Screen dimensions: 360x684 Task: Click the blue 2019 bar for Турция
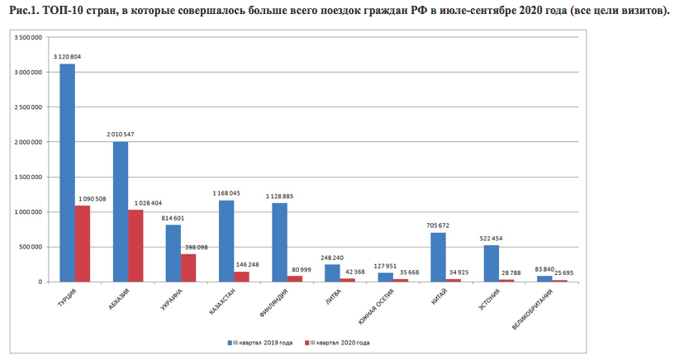[67, 173]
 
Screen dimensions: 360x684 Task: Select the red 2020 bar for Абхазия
[135, 246]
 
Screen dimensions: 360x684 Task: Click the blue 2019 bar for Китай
[438, 258]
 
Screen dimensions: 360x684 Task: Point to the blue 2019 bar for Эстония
[491, 263]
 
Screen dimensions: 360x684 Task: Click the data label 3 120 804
[67, 56]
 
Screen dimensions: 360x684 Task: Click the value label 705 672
[438, 225]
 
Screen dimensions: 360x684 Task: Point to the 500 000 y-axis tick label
[31, 247]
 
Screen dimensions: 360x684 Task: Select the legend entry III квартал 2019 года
[263, 342]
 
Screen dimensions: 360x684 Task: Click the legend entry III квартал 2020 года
[339, 342]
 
